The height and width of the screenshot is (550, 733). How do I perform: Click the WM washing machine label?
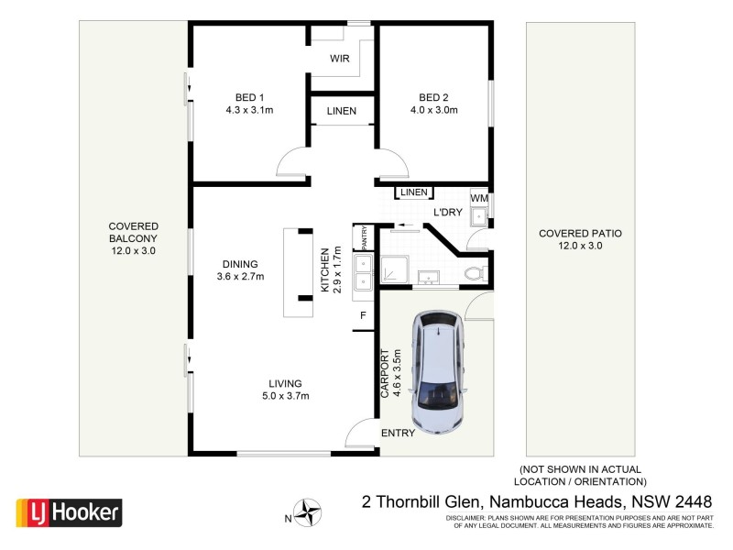[x=479, y=199]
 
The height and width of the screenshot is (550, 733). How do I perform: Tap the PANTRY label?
[x=364, y=238]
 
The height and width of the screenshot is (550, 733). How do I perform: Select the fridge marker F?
[x=364, y=317]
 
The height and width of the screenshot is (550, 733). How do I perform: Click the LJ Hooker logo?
[x=69, y=512]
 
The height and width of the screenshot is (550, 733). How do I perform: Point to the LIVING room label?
[x=285, y=383]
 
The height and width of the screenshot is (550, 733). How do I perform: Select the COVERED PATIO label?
[x=580, y=234]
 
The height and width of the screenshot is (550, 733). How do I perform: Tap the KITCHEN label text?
[x=324, y=269]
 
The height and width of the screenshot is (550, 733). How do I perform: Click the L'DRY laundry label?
[x=447, y=213]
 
